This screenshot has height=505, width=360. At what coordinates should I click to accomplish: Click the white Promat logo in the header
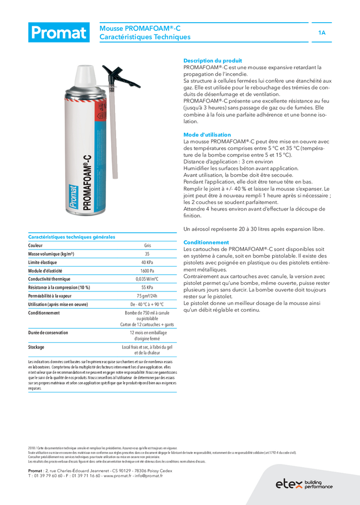click(x=59, y=33)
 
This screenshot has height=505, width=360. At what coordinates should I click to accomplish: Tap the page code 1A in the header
click(x=322, y=33)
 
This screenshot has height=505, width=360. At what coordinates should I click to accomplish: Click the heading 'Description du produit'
click(x=213, y=61)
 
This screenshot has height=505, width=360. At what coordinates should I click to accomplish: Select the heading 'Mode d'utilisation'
click(x=207, y=135)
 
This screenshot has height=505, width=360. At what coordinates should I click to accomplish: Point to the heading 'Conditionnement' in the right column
click(x=206, y=242)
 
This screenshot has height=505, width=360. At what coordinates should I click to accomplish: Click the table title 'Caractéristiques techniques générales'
click(x=72, y=237)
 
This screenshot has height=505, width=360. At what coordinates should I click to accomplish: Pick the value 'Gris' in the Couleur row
click(x=147, y=245)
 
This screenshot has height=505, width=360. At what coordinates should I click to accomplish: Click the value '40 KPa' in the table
click(x=147, y=263)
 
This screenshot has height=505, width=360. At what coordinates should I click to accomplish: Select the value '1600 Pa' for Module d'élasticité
click(x=147, y=271)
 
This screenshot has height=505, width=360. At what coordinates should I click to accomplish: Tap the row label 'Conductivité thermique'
click(x=53, y=279)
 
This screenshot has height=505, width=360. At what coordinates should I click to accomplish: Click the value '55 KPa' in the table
click(x=147, y=287)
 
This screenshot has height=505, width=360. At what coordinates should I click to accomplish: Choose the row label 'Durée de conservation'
click(x=48, y=333)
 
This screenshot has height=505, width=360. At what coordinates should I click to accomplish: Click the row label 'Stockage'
click(x=36, y=347)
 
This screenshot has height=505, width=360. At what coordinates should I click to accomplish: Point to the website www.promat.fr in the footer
click(x=121, y=475)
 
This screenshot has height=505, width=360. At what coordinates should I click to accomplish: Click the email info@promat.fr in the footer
click(x=151, y=475)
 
